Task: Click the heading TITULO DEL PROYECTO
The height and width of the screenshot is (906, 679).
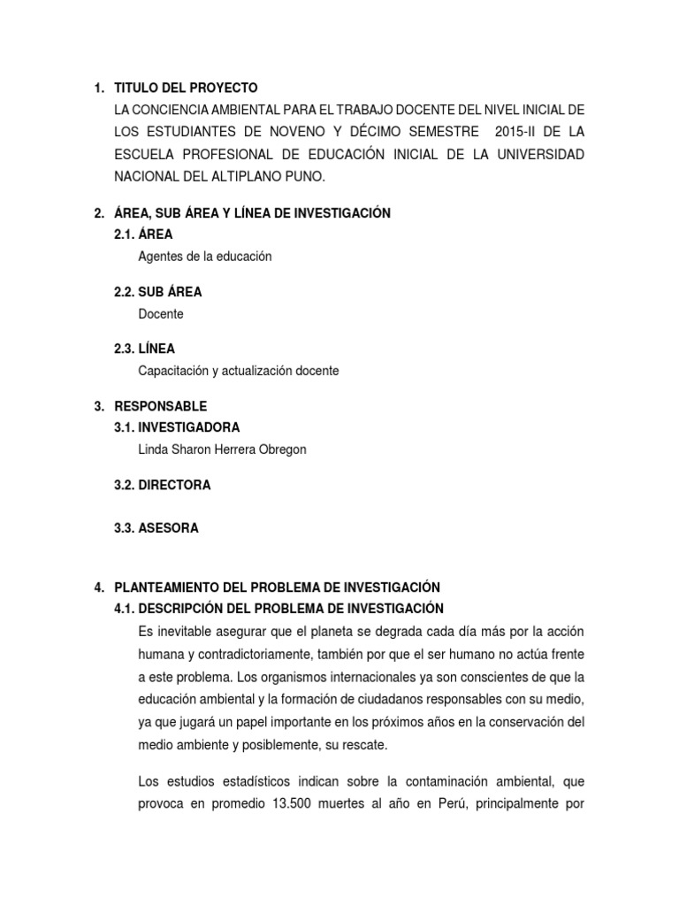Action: coord(186,88)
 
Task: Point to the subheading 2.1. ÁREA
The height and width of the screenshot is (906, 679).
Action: coord(143,234)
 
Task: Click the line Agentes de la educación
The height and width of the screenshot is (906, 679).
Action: coord(205,257)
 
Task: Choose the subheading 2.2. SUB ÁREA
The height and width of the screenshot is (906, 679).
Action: coord(158,292)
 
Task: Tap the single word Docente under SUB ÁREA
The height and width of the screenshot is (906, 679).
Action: coord(161,314)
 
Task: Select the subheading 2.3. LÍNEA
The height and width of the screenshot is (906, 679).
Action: coord(145,349)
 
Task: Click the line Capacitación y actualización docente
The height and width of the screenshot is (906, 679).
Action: coord(239,371)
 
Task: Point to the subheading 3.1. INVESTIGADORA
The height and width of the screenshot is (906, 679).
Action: coord(178,427)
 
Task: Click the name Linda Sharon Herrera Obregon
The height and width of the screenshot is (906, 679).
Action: coord(222,449)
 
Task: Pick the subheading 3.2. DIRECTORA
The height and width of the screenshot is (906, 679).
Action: coord(163,485)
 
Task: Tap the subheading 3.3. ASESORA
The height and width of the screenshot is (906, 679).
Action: coord(156,528)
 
